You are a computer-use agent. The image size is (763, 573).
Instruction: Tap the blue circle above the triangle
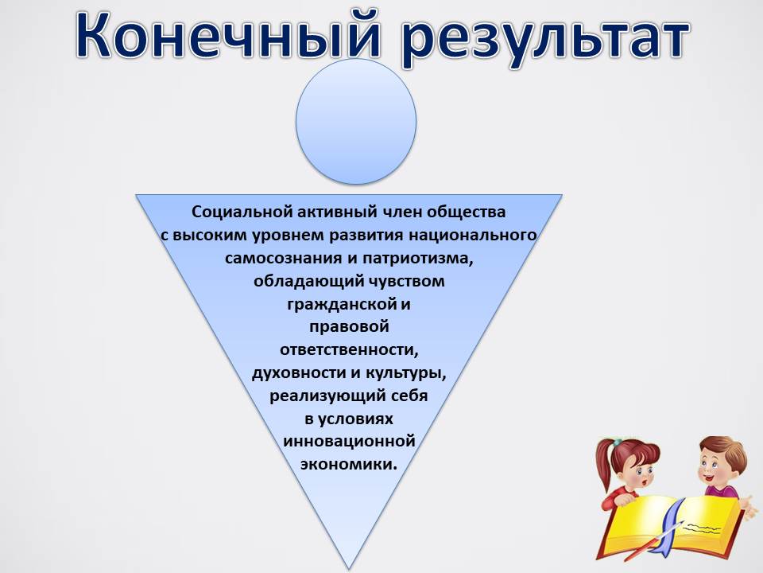(356, 122)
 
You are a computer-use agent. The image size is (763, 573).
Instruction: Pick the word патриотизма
(418, 258)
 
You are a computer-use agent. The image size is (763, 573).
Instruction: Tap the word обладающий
(309, 282)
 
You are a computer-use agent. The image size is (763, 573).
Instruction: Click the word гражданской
(342, 305)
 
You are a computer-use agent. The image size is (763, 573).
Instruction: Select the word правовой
(350, 327)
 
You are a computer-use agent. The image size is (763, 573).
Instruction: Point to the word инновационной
(350, 442)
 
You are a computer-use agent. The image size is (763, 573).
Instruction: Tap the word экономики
(349, 464)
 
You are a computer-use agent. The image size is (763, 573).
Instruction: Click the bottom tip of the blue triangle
(348, 571)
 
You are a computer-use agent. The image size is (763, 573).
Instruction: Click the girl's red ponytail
(604, 463)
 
